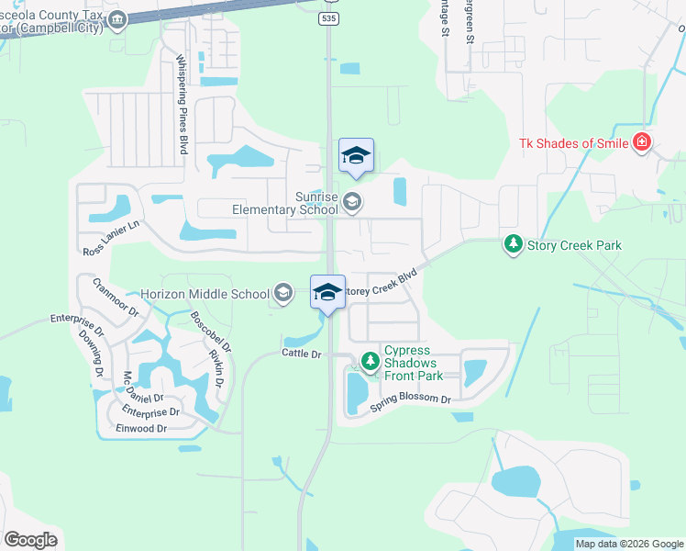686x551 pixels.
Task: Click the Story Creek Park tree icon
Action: click(x=514, y=245)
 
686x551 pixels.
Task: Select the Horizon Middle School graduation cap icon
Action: click(x=283, y=293)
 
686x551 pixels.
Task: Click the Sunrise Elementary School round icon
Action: click(x=351, y=202)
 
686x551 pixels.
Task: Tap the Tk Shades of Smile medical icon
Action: click(x=642, y=141)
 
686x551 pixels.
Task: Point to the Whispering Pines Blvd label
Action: click(x=182, y=105)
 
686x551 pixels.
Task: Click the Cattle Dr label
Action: click(x=302, y=354)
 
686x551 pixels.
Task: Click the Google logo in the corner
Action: click(x=30, y=539)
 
